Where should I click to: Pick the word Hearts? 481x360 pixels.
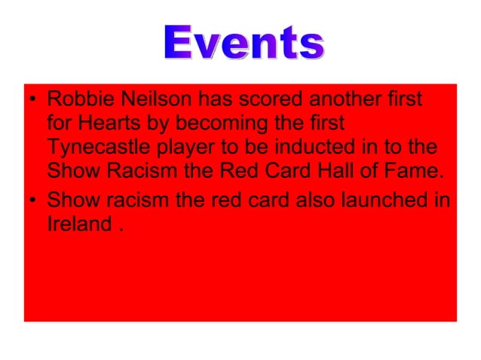(107, 124)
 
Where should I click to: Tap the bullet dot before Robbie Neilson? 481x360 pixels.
(33, 101)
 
